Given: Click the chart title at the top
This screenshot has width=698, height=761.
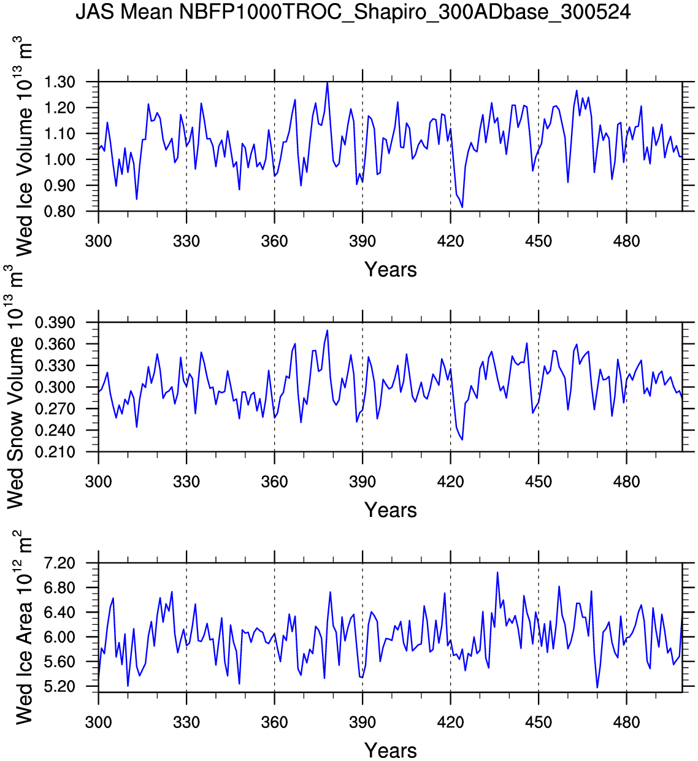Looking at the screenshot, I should coord(353,12).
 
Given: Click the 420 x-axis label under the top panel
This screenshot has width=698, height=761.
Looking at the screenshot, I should coord(450,242).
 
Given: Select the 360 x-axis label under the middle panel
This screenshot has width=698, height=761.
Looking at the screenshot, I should coord(274,482).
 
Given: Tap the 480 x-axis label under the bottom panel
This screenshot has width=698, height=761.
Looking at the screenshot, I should coord(626,722).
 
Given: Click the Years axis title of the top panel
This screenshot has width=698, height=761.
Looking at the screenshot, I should coord(390,270).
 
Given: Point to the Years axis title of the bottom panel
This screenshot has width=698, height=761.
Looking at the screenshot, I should coord(390,751).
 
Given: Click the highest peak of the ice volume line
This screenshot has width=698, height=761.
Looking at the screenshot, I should coord(328,82).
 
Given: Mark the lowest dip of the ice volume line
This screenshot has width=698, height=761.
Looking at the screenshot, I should coord(462,207).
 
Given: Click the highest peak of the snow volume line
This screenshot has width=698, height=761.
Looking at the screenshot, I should coord(328,331).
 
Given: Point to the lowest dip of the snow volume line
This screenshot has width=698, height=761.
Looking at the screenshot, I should coord(462,440).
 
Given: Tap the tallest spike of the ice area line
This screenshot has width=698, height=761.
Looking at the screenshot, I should coord(497,572).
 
